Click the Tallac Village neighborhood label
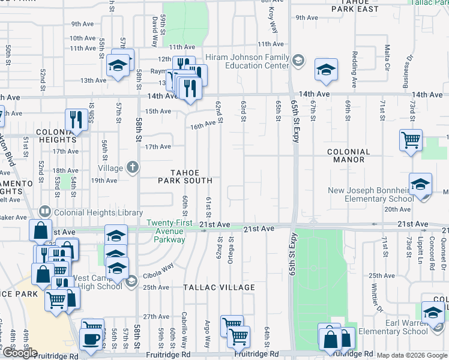click(x=219, y=288)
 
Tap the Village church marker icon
click(x=132, y=168)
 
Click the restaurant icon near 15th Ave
click(x=76, y=119)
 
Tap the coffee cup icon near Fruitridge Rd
click(x=92, y=338)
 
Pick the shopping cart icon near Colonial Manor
click(x=411, y=140)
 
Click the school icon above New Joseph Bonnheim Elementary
click(x=421, y=184)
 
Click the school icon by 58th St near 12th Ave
click(x=118, y=65)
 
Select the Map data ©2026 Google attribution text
click(x=412, y=355)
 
